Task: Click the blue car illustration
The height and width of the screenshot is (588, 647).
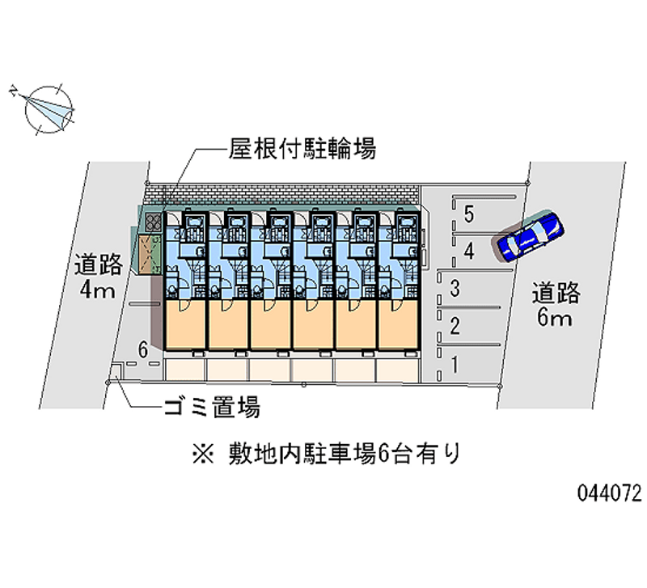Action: coord(528,236)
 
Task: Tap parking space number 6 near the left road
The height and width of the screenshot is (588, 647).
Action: coord(142,350)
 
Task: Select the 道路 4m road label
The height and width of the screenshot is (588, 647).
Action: coord(99,276)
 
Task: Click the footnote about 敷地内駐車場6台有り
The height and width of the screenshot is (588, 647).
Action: coord(348,454)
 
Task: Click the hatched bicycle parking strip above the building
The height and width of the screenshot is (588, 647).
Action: coord(283,196)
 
